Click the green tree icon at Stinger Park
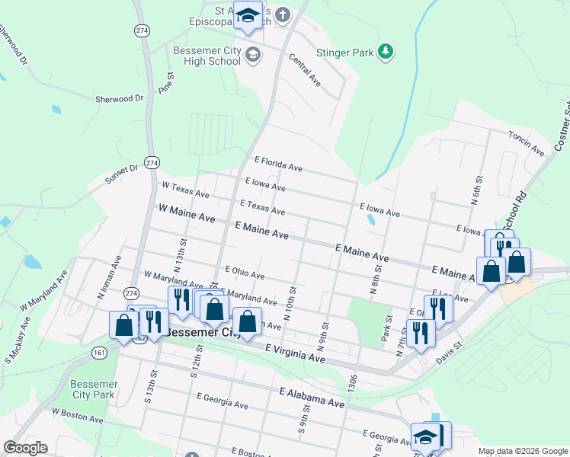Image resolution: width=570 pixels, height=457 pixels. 386,51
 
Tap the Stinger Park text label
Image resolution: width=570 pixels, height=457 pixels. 347,53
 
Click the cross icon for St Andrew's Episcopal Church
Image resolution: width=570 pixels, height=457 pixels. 283,14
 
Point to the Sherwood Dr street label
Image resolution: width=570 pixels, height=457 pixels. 119,98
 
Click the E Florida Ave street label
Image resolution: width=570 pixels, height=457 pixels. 277,164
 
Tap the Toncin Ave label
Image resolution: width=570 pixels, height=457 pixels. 527,142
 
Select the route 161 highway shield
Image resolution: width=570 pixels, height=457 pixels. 100,353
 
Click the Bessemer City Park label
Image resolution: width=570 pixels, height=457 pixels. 92,389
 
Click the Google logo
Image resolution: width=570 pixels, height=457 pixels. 25,448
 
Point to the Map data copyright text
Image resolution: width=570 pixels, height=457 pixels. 522,450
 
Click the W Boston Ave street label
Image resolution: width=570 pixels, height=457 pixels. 77,415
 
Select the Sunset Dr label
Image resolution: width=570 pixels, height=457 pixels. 123,177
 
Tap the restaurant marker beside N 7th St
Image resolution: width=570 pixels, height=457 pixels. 420,332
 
